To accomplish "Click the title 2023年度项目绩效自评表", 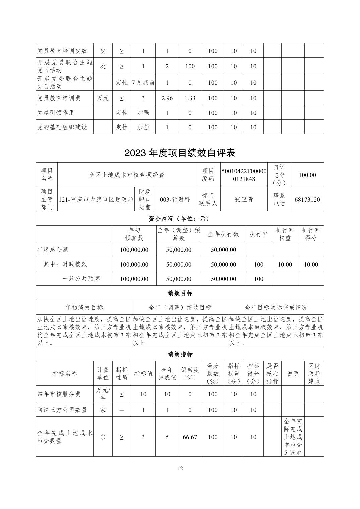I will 180,153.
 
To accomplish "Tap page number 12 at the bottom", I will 180,468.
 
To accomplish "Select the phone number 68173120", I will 307,200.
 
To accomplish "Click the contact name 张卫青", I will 244,200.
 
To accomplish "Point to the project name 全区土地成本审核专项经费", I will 127,175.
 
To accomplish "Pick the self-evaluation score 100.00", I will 307,175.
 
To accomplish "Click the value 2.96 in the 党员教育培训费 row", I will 167,98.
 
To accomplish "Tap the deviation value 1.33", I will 190,98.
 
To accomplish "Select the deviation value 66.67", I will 190,437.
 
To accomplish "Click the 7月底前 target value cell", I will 143,83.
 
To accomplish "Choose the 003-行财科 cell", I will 175,200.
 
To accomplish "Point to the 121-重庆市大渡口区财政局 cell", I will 96,200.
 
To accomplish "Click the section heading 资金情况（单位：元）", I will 180,219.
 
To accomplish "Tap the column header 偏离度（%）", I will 190,374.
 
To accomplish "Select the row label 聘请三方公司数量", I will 62,410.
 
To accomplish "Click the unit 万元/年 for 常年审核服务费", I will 103,394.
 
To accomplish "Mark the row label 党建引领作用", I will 56,113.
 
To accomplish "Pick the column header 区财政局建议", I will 314,374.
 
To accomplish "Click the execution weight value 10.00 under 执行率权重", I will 285,265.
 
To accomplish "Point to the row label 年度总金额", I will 53,250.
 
